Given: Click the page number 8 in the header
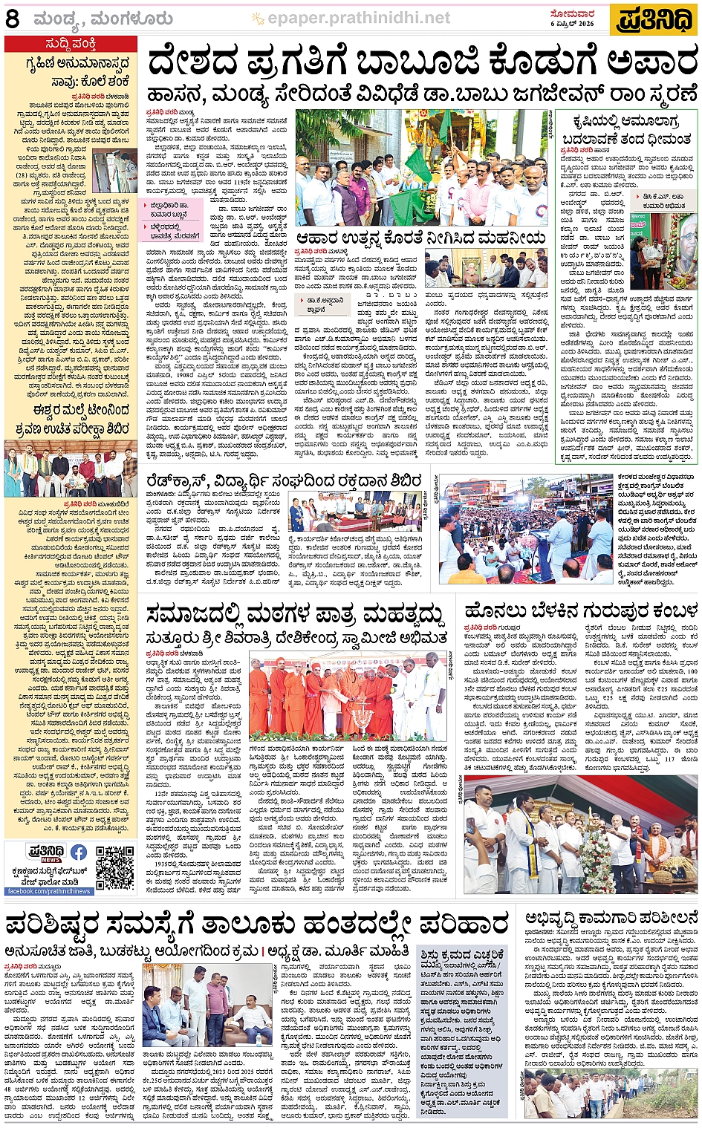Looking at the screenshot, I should (13, 19).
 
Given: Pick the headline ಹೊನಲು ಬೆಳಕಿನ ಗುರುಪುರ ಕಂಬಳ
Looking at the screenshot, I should (581, 610).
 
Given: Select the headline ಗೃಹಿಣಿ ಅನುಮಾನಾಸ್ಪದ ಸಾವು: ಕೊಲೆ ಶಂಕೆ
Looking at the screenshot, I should (71, 72).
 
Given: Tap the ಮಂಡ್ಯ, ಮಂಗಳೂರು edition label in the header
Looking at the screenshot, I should (103, 19).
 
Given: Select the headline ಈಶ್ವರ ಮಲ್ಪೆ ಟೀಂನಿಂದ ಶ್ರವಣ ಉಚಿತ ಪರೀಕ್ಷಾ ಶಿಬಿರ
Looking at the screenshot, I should (71, 420).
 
